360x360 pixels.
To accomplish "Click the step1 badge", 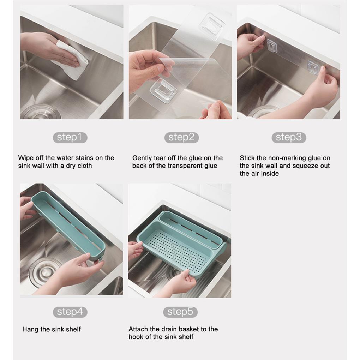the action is (x=70, y=138).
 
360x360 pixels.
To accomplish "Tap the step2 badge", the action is (x=181, y=138).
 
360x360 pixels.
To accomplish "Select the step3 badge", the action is (x=289, y=138).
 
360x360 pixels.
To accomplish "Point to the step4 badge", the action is (x=70, y=312).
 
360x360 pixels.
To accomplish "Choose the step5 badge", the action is (x=180, y=312).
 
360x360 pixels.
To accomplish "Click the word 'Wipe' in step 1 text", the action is (x=25, y=158).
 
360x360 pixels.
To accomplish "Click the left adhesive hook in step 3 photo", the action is (x=272, y=46).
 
